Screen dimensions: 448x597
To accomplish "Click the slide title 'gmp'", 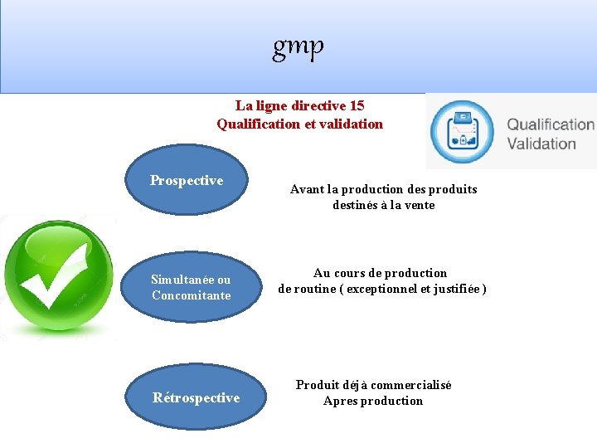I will (298, 48).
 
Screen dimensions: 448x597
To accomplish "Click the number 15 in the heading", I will (357, 105).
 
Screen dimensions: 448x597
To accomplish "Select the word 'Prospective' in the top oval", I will (187, 180).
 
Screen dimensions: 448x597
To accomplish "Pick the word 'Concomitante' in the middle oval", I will (192, 295).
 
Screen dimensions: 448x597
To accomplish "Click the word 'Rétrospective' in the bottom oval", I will (197, 397).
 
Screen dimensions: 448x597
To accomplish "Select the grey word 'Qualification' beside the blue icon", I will (551, 124).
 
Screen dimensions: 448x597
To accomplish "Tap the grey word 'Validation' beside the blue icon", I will (541, 144).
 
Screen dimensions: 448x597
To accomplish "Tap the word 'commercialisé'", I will (411, 385).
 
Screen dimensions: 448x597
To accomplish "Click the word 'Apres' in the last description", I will (340, 401).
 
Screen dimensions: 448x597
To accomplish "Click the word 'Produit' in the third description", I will (316, 385).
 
